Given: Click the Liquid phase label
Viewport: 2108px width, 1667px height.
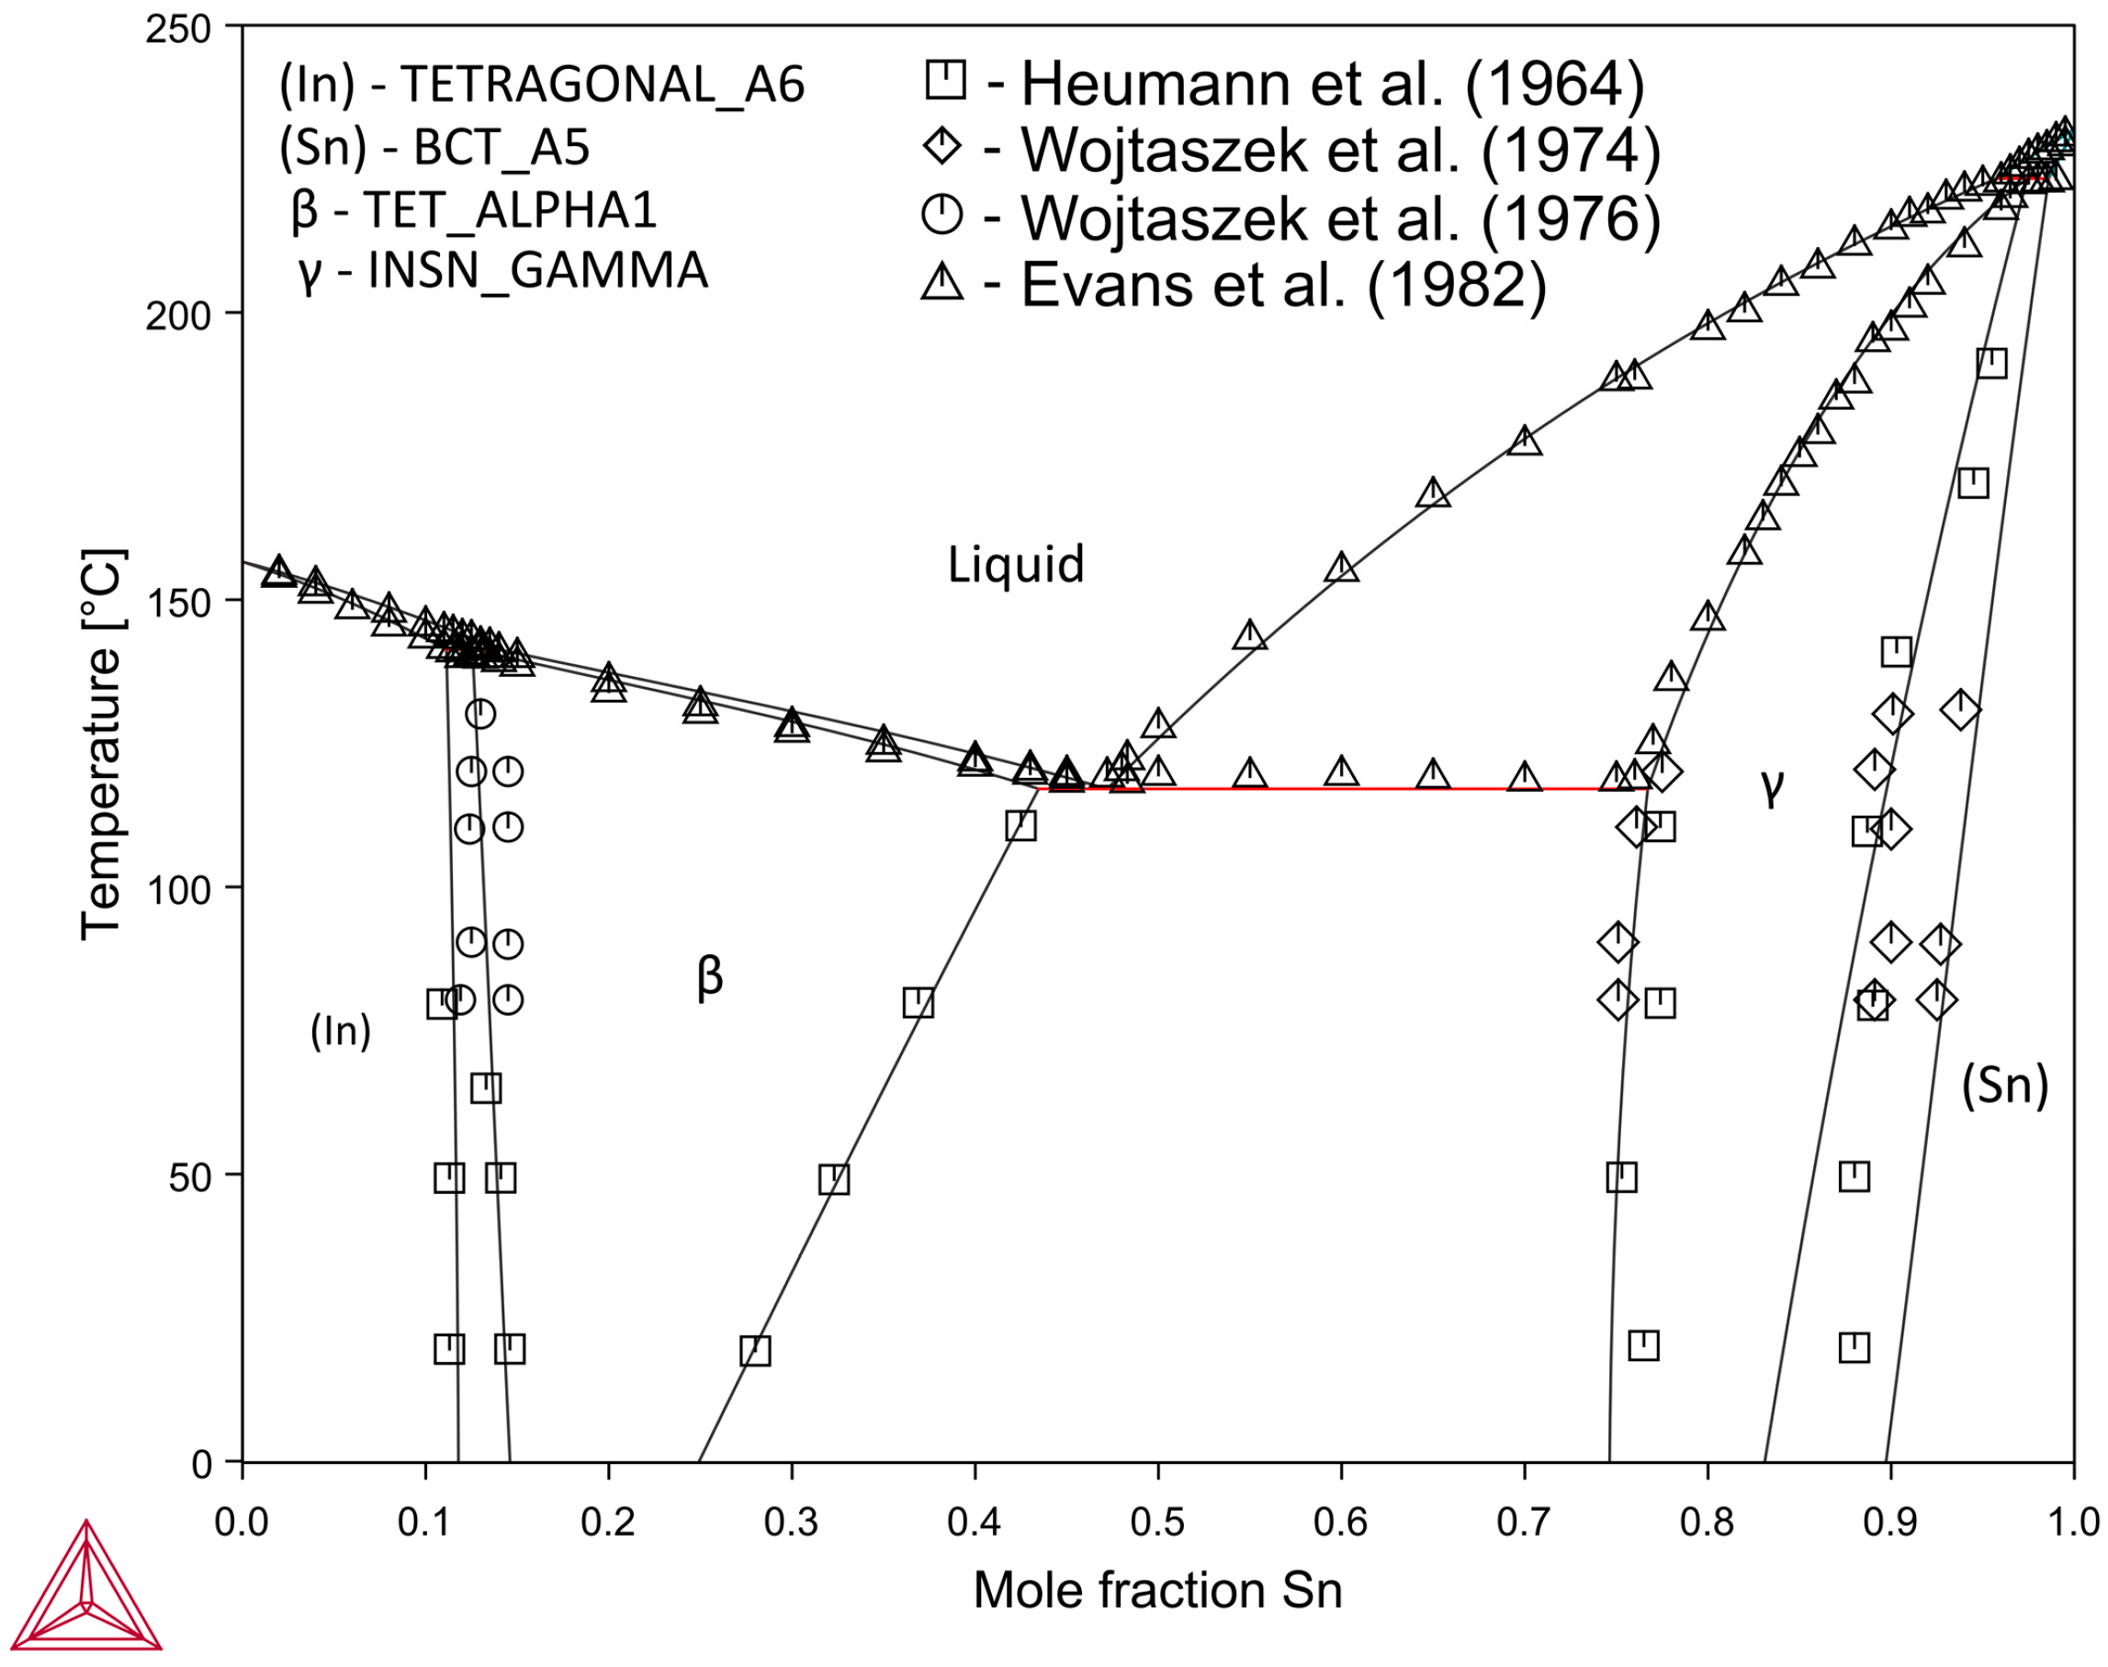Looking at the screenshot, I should point(1015,564).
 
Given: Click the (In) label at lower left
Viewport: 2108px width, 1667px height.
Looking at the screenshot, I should point(341,1031).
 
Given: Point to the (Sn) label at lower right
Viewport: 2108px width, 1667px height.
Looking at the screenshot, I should point(2004,1085).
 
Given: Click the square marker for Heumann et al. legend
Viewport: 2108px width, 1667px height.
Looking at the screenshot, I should point(944,79).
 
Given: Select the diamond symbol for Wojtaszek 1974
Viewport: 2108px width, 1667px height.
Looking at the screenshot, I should point(941,146).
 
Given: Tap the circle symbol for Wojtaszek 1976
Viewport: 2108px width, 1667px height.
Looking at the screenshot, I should point(941,214).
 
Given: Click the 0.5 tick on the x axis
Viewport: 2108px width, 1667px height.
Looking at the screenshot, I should point(1157,1523).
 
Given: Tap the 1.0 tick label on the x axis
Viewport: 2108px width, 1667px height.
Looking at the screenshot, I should point(2072,1523).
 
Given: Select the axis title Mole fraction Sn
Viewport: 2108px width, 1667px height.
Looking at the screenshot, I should point(1157,1591).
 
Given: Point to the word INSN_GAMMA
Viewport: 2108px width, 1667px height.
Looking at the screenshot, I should point(537,270).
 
